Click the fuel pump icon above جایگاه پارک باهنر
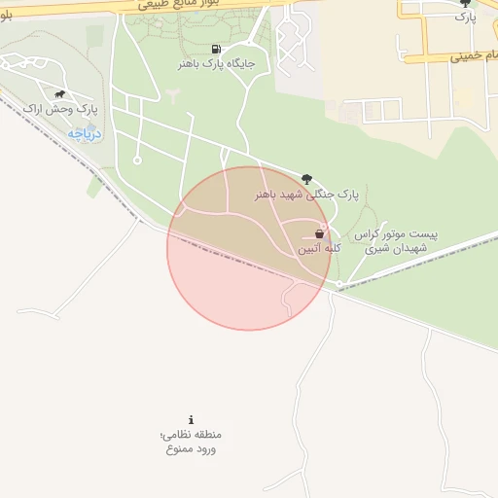[x=214, y=49]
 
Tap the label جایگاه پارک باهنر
[x=215, y=63]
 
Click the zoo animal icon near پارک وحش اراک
[x=60, y=94]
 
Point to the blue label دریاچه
[x=86, y=132]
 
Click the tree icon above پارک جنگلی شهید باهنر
[x=307, y=178]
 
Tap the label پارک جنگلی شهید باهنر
[x=307, y=194]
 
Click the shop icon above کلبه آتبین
[x=319, y=234]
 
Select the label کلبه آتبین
[x=319, y=249]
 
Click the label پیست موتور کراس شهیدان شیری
[x=396, y=242]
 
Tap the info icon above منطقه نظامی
[x=191, y=419]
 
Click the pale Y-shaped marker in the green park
[x=172, y=94]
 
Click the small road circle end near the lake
[x=137, y=160]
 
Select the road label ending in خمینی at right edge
[x=477, y=56]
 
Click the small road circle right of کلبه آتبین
[x=338, y=284]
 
